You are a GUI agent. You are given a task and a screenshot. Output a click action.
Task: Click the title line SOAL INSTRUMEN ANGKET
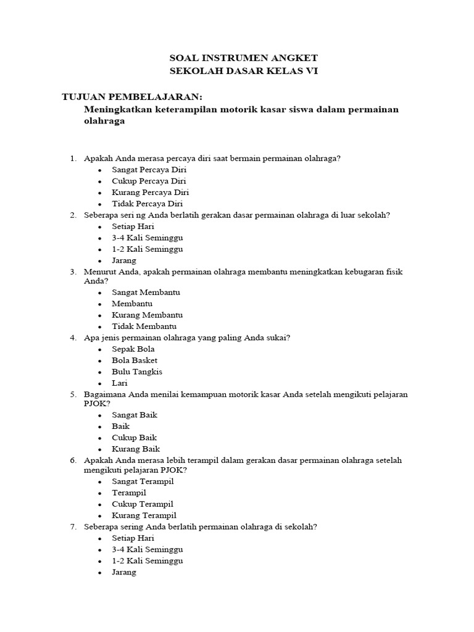tap(243, 58)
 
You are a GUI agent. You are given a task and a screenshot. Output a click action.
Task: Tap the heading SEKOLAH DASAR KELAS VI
tap(243, 71)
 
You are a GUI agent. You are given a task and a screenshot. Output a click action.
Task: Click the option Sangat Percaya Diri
tap(149, 170)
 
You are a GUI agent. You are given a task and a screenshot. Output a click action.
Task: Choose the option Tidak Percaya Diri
tap(147, 204)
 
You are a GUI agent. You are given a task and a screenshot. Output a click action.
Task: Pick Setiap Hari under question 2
tap(133, 227)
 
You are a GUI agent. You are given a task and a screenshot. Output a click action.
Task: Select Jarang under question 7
tap(124, 572)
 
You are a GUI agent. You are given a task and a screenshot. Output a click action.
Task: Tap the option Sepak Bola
tap(133, 349)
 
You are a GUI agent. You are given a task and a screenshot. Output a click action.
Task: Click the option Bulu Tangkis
tap(137, 372)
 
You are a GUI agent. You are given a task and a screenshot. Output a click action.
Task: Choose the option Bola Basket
tap(135, 360)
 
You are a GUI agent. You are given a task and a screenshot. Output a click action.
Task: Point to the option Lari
tap(120, 383)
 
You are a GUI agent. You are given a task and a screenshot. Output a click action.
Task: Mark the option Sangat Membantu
tap(146, 293)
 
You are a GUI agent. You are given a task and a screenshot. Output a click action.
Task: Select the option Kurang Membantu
tap(147, 315)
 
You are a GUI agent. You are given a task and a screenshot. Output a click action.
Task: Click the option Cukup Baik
tap(134, 438)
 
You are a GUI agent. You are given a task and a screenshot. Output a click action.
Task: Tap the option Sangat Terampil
tap(143, 481)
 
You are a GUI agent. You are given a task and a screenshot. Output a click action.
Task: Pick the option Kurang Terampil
tap(144, 515)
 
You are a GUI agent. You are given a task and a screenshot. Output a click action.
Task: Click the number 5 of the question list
tap(72, 394)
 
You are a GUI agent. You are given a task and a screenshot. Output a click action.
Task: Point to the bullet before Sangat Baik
tap(99, 416)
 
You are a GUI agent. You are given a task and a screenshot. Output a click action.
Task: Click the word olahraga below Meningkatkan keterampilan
tap(104, 122)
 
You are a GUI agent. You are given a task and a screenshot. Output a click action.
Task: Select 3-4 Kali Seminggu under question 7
tap(147, 549)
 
